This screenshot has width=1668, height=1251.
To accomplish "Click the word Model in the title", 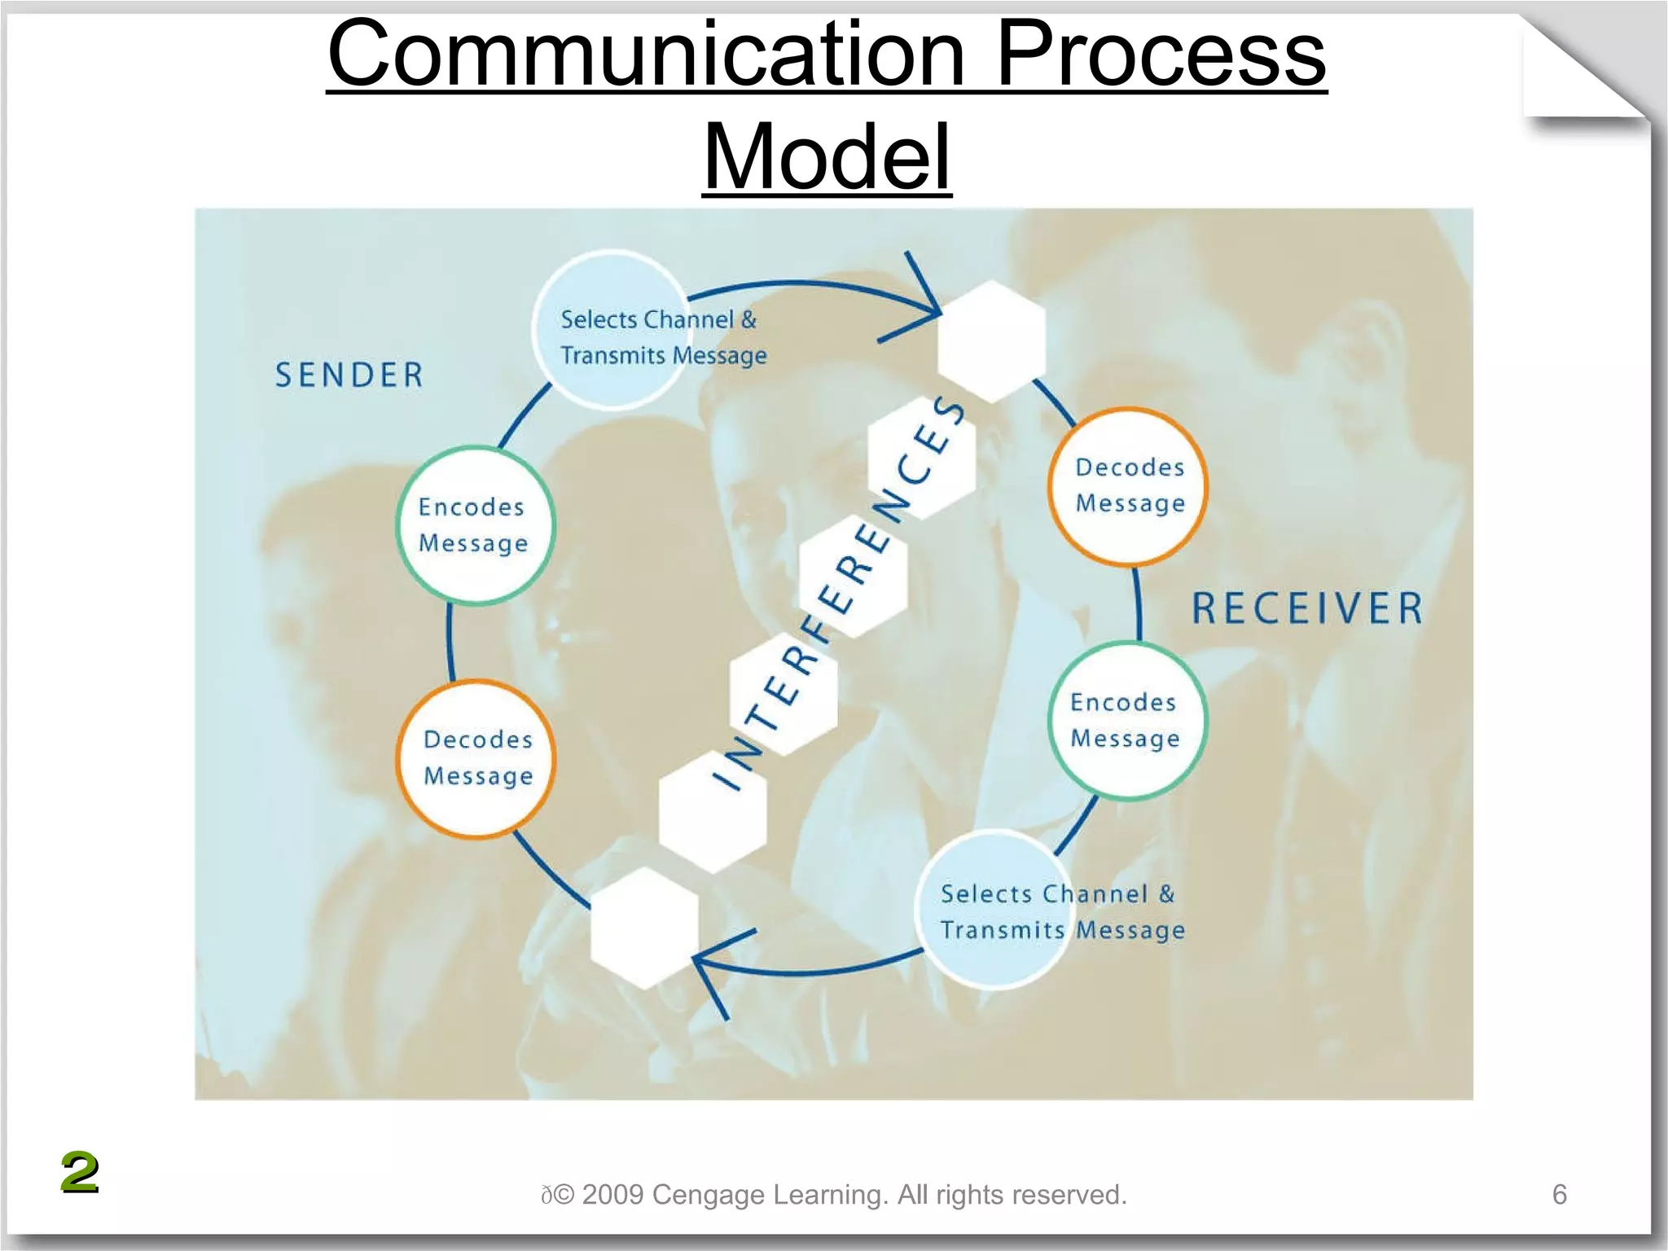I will (x=827, y=156).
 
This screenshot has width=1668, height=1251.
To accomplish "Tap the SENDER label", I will (x=349, y=375).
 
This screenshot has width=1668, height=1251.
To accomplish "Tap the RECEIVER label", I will (x=1307, y=608).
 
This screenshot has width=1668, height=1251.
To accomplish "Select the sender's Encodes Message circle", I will (x=475, y=525).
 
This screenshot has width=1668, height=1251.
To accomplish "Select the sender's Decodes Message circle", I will (x=477, y=758).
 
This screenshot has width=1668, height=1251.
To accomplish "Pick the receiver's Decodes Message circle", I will (x=1128, y=485).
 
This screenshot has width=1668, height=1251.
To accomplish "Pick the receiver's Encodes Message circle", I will (x=1126, y=720).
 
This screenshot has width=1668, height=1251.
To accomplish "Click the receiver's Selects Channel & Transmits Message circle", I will (x=994, y=910).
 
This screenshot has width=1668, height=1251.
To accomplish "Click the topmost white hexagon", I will (x=991, y=340).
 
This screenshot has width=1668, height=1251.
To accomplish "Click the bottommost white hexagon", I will (x=644, y=928).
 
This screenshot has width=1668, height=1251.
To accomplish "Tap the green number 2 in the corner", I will (x=79, y=1172).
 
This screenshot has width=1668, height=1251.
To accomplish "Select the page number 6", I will (x=1559, y=1194).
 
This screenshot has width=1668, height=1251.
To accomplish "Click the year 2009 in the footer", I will (x=612, y=1194).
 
